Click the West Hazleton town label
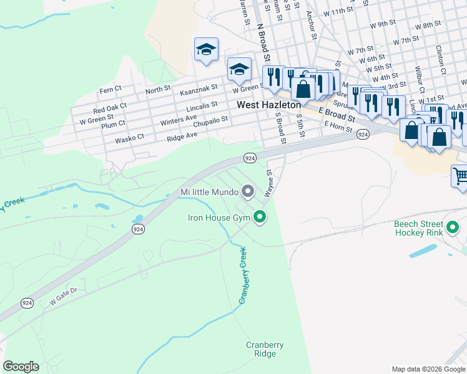point(268,105)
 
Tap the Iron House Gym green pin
point(260,218)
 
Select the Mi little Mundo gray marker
point(248,192)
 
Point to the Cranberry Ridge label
point(264,349)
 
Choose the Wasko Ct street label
point(129,138)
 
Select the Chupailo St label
point(210,122)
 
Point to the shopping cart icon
point(460,175)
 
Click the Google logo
point(21,367)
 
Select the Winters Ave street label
point(178,117)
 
